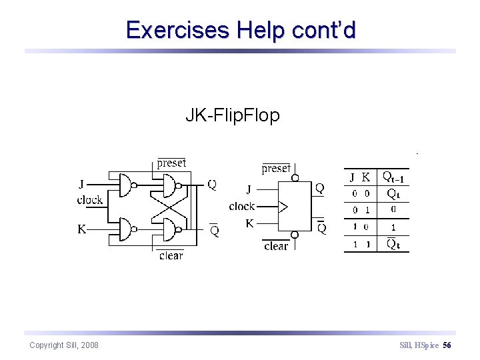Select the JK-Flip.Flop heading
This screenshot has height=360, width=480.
coord(232,115)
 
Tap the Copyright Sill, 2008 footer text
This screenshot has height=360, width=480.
coord(64,345)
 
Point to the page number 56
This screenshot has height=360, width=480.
coord(447,345)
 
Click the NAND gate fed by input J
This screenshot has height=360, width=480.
coord(125,185)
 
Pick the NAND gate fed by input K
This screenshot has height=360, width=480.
coord(125,229)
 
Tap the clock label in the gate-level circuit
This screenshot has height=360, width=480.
coord(90,200)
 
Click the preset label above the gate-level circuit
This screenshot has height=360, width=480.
coord(171,163)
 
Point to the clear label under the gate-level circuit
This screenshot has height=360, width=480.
coord(171,255)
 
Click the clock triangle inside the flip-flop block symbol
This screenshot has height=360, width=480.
coord(283,207)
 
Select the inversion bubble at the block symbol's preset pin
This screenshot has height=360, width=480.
coord(294,178)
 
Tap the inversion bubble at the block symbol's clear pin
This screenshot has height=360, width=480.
coord(294,235)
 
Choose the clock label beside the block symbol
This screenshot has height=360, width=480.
coord(242,207)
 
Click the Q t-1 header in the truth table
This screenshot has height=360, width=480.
coord(393,177)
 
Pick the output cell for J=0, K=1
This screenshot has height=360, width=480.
coord(393,210)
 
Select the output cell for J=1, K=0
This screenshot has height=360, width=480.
coord(393,227)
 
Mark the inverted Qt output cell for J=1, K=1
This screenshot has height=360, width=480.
coord(393,244)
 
